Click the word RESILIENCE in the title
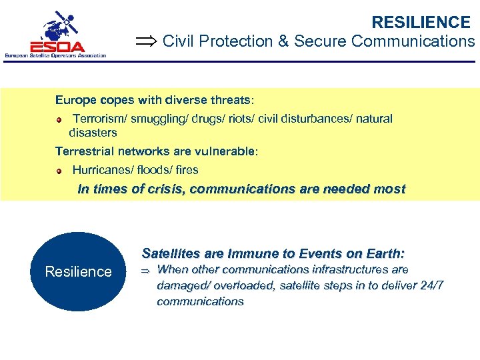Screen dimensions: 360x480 coord(421,23)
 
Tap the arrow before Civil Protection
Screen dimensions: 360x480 coord(146,42)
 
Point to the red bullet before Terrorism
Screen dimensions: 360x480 coord(59,119)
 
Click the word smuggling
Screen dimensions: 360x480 coord(157,119)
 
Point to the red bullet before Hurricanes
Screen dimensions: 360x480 coord(59,171)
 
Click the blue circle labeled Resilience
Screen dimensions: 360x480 coord(78,271)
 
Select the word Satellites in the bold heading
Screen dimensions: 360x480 coord(169,254)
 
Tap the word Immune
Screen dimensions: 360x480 coord(249,254)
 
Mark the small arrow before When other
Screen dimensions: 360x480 coord(147,271)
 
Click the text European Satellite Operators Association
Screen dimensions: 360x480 coord(55,55)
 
